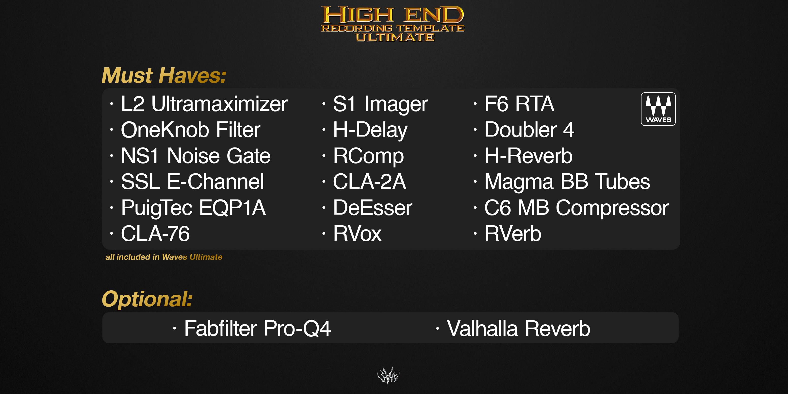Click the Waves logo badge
click(658, 109)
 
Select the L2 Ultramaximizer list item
click(204, 104)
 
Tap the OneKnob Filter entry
click(191, 130)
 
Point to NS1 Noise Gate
click(196, 156)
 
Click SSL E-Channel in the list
click(192, 182)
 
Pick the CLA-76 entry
click(155, 234)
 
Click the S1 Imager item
click(380, 104)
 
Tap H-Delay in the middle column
click(370, 130)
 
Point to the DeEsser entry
click(373, 208)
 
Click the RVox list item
click(357, 234)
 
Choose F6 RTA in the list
click(519, 104)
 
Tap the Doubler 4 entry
click(529, 130)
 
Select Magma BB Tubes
click(567, 182)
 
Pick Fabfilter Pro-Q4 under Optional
click(257, 328)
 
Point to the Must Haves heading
click(164, 75)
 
